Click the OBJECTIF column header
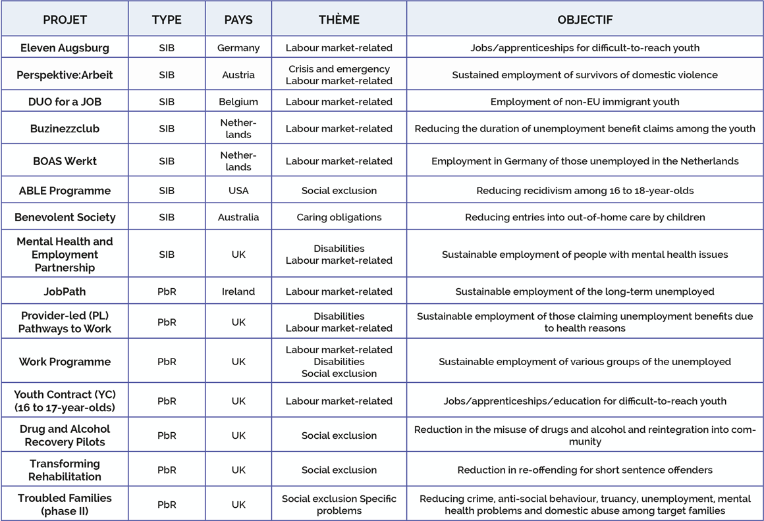tap(585, 20)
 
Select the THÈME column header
tap(339, 20)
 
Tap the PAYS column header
tap(238, 20)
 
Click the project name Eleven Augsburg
tap(65, 47)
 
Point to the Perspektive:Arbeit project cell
tap(65, 75)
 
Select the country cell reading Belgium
tap(238, 102)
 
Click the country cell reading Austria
tap(238, 75)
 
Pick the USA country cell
tap(238, 191)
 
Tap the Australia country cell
tap(238, 217)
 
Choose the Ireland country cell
tap(238, 291)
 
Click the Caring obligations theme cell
tap(339, 217)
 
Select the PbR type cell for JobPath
tap(167, 291)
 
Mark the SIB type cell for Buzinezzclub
tap(167, 128)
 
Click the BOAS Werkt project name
tap(65, 161)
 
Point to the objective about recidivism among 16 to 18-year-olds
tap(585, 191)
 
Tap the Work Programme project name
tap(65, 361)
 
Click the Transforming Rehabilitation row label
tap(65, 470)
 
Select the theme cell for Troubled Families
tap(339, 505)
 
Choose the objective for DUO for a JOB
tap(585, 102)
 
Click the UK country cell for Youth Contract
tap(238, 401)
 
